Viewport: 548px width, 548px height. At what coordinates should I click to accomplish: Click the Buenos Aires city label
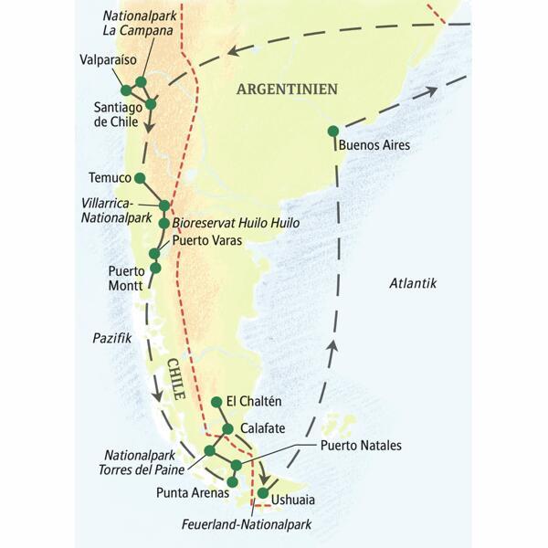point(374,145)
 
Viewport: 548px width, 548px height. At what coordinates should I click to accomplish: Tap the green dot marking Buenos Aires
point(333,131)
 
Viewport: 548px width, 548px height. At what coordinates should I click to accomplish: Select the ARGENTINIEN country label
point(287,89)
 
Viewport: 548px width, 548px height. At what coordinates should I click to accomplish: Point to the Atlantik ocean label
point(413,283)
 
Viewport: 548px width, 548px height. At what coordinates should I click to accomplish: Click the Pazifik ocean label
point(112,338)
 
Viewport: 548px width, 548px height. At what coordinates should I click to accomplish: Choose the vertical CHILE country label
point(176,381)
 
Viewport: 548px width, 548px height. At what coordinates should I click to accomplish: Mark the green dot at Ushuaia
point(263,494)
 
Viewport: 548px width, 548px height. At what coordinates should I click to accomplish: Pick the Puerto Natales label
point(361,446)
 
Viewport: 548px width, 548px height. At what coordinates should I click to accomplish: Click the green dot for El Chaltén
point(216,402)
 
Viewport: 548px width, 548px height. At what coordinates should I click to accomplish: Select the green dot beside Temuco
point(140,178)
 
